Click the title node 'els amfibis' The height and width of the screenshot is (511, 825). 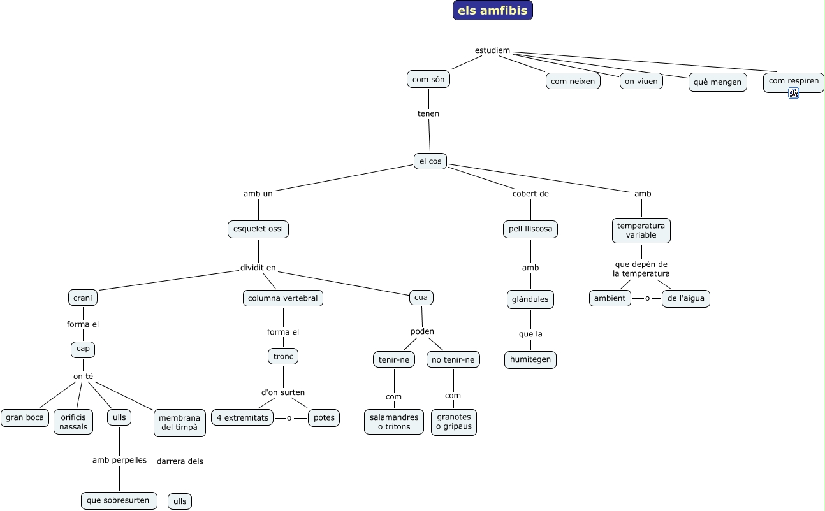point(492,10)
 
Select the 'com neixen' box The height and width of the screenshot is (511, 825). point(573,81)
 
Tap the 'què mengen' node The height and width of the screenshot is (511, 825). point(717,82)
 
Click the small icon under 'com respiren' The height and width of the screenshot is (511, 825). point(793,93)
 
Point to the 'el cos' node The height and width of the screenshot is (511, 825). point(430,161)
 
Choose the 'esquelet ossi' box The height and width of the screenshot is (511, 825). point(258,229)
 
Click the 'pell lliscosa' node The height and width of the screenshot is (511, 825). point(530,229)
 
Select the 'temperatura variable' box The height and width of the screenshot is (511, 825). point(641,230)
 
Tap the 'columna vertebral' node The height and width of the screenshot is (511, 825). point(282,298)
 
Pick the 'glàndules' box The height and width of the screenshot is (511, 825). point(530,299)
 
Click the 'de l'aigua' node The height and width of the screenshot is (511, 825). point(685,298)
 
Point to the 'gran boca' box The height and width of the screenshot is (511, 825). point(25,418)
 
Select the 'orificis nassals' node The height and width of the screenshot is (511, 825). point(73,422)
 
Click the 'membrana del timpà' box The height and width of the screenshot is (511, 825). point(179,422)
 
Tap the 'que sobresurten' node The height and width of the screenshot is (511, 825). point(119,500)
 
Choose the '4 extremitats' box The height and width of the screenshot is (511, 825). point(242,418)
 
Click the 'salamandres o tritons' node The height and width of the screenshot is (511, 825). point(393,422)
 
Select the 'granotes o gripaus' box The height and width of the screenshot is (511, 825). point(453,422)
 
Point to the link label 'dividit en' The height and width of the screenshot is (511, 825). point(258,268)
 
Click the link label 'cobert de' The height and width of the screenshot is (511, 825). point(530,194)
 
